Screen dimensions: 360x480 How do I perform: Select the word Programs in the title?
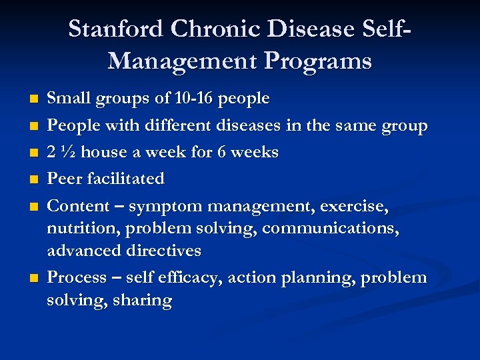318,61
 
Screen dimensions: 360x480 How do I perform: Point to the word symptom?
159,207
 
